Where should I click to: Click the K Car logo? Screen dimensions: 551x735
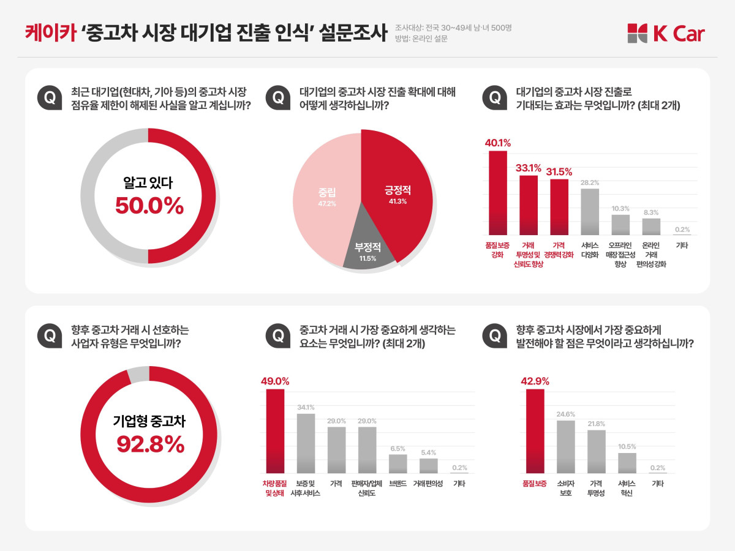pyautogui.click(x=666, y=34)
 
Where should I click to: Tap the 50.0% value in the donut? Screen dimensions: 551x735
pyautogui.click(x=149, y=206)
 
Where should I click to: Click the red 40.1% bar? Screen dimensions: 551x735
pyautogui.click(x=498, y=193)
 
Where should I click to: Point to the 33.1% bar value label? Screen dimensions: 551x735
pyautogui.click(x=528, y=168)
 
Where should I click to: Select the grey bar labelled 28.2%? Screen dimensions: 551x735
pyautogui.click(x=590, y=212)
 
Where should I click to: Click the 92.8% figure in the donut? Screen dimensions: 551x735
pyautogui.click(x=150, y=445)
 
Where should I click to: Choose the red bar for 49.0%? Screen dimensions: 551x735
pyautogui.click(x=275, y=431)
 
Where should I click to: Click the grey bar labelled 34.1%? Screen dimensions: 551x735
pyautogui.click(x=306, y=443)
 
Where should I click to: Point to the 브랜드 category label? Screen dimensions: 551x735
pyautogui.click(x=398, y=483)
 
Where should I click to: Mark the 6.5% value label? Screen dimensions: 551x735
pyautogui.click(x=398, y=448)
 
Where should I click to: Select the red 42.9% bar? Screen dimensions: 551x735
pyautogui.click(x=535, y=431)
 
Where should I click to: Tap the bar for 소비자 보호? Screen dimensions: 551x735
pyautogui.click(x=565, y=447)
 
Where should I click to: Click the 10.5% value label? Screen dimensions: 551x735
pyautogui.click(x=627, y=446)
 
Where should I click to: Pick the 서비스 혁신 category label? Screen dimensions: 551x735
pyautogui.click(x=627, y=488)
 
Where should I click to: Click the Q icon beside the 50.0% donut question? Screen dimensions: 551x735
pyautogui.click(x=49, y=98)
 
